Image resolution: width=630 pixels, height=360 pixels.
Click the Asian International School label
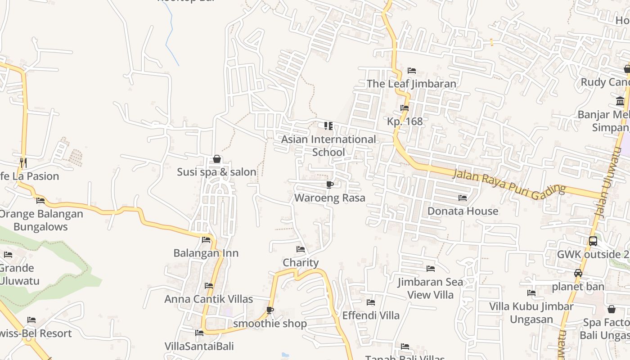pos(328,145)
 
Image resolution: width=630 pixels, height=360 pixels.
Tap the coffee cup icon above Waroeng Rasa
pos(330,184)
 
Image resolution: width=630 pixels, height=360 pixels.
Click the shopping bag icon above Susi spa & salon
pos(217,159)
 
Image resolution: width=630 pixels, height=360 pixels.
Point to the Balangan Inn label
pos(206,253)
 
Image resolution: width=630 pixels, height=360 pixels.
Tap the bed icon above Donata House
pos(462,198)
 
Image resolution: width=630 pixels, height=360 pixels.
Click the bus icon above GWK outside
pos(593,241)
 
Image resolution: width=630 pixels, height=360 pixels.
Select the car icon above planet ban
pos(578,273)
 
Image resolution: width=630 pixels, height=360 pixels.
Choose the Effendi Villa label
pos(371,315)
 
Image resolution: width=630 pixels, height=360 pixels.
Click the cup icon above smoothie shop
pos(270,310)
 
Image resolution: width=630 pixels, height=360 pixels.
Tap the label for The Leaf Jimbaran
pos(411,84)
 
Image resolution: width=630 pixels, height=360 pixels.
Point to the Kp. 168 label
pos(405,121)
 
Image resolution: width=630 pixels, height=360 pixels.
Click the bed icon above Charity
pos(301,249)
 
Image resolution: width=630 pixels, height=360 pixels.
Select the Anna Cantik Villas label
pos(209,299)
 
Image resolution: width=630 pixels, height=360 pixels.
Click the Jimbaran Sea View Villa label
pos(430,288)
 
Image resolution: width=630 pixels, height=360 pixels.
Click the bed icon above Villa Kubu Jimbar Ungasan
pos(531,293)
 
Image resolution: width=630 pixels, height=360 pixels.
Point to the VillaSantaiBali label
pos(199,346)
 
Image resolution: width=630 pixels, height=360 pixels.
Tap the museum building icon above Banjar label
pos(621,101)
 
